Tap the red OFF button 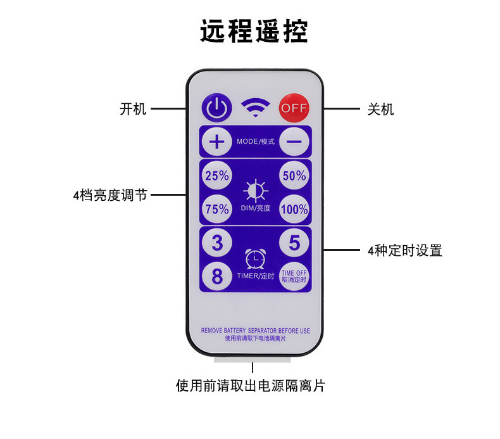click(294, 108)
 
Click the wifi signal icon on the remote click(255, 109)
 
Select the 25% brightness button click(217, 176)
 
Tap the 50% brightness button click(294, 176)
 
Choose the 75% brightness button click(217, 209)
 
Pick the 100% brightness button click(294, 209)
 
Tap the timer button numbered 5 click(294, 243)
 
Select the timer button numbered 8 click(217, 276)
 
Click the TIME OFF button click(294, 276)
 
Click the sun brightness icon click(256, 191)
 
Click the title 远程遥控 click(254, 30)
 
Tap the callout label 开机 click(133, 109)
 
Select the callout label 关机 click(380, 109)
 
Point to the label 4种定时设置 click(404, 250)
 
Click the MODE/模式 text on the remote click(256, 141)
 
